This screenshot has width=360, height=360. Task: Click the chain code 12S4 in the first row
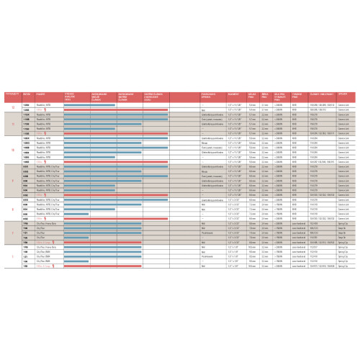click(27, 104)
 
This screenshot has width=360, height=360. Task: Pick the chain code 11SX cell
click(27, 132)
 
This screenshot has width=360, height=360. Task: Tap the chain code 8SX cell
click(27, 219)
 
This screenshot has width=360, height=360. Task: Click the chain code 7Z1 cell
click(27, 233)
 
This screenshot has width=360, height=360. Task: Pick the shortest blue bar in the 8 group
click(76, 215)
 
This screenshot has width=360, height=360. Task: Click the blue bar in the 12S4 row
click(90, 104)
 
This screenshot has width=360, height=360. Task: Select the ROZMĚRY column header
click(233, 94)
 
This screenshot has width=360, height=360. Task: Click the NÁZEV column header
click(41, 94)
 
